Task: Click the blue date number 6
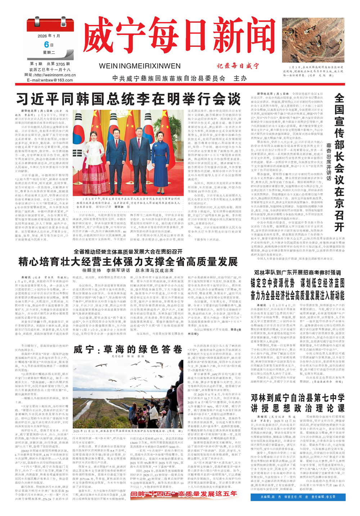tap(46, 44)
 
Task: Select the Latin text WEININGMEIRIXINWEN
tap(140, 66)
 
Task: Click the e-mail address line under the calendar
tap(50, 80)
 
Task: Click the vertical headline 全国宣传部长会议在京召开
tap(339, 162)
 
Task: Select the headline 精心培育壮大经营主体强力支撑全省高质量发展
tap(128, 262)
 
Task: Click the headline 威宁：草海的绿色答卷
tap(128, 349)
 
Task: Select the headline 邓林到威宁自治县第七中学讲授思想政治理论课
tap(298, 403)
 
